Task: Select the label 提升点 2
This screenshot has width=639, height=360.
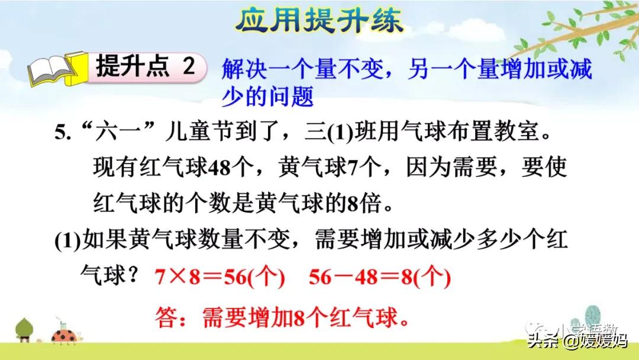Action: point(145,67)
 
